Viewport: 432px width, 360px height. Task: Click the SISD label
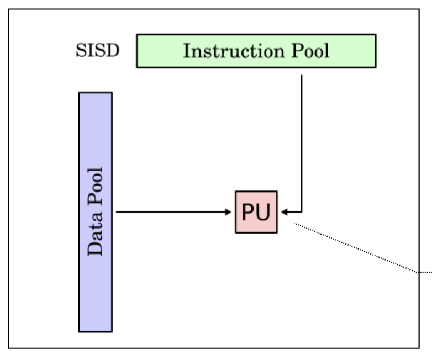97,51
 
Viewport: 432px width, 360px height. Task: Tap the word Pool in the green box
309,51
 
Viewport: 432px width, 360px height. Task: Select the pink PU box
256,212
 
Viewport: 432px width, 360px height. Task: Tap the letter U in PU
264,212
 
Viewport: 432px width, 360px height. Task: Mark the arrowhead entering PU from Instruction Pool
283,211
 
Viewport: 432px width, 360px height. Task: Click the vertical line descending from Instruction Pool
302,138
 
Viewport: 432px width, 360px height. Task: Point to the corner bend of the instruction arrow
302,211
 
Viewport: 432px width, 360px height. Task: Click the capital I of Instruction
187,51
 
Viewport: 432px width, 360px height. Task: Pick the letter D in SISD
114,51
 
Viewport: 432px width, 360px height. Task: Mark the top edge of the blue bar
96,93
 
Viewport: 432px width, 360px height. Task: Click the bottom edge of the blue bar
96,331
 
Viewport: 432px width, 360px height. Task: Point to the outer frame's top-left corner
9,9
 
